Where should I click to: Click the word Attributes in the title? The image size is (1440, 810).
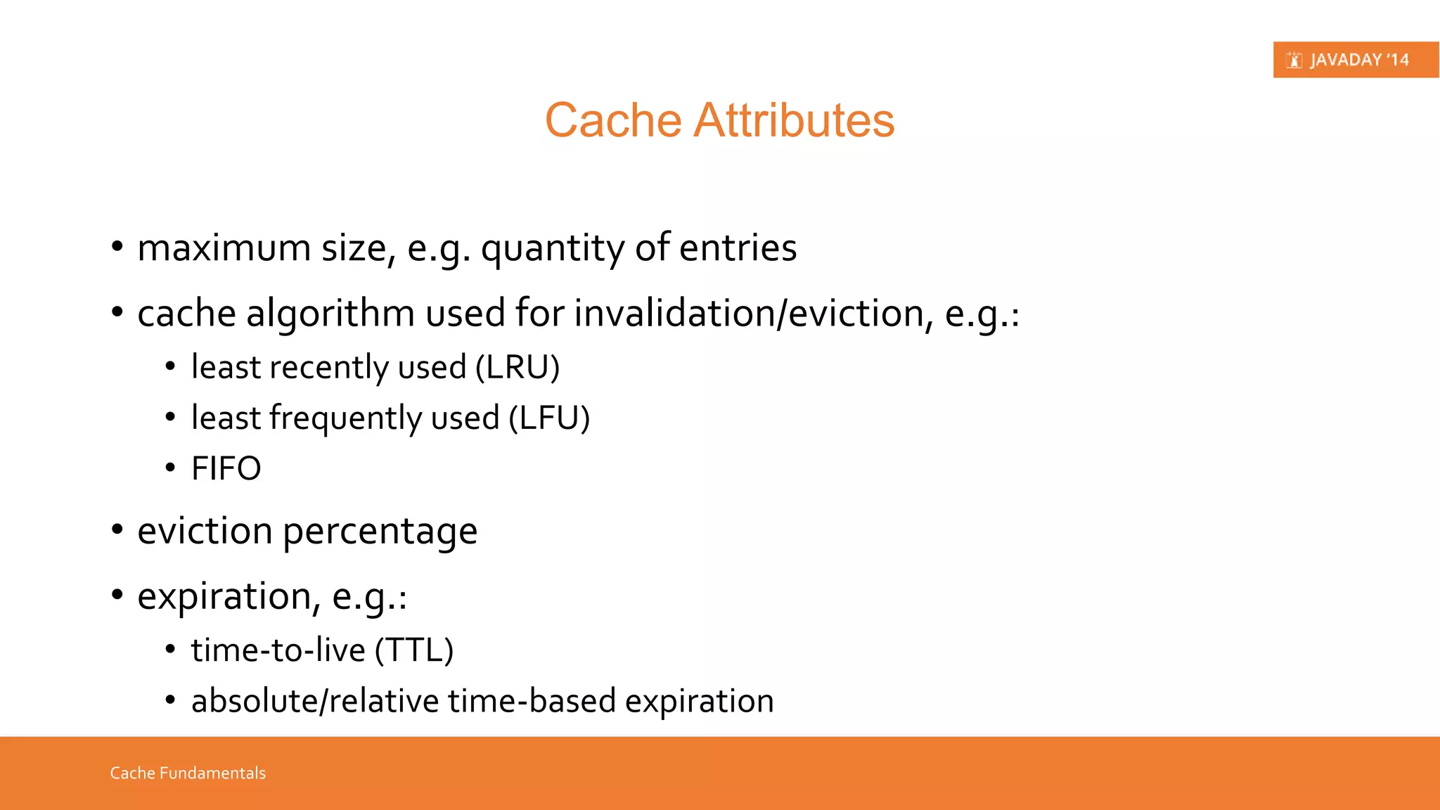794,120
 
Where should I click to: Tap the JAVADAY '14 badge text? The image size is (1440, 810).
1359,60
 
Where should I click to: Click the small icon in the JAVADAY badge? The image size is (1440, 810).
1294,60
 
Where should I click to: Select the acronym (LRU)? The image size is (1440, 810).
517,368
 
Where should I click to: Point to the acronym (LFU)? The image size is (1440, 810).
549,418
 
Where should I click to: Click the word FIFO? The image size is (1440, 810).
226,468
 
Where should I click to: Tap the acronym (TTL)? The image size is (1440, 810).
414,650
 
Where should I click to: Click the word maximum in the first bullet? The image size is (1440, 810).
224,248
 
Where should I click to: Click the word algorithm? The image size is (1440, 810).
330,314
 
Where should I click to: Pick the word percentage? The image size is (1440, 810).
380,532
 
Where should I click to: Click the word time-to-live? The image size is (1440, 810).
278,650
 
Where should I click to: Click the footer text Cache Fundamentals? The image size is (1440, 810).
188,773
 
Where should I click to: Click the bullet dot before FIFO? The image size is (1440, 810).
170,468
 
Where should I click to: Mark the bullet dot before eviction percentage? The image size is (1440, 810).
117,529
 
